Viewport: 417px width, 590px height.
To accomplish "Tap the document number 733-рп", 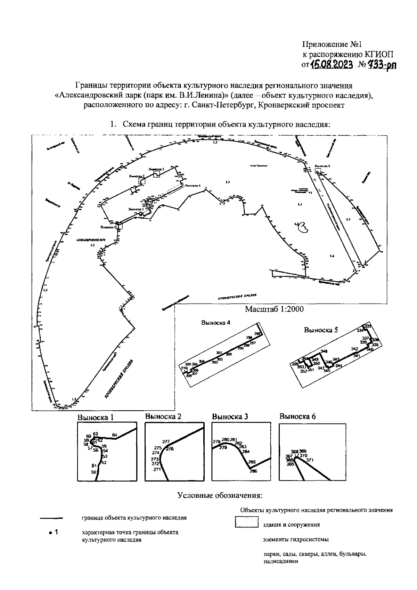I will [382, 64].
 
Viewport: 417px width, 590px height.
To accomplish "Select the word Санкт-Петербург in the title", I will [224, 106].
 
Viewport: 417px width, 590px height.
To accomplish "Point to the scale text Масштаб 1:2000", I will [274, 309].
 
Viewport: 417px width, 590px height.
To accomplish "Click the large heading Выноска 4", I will [215, 322].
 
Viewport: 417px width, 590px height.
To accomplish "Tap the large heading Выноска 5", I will [321, 330].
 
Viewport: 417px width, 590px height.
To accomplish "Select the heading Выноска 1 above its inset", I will [96, 417].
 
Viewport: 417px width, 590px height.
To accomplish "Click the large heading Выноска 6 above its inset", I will [298, 417].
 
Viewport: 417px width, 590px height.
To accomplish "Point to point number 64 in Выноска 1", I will [115, 435].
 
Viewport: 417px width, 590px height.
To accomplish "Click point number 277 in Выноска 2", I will [166, 442].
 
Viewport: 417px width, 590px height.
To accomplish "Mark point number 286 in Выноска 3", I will [254, 471].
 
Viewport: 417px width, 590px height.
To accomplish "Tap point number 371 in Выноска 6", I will [310, 460].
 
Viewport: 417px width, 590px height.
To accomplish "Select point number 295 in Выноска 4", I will [257, 334].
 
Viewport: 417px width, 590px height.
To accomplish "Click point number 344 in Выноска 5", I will [339, 365].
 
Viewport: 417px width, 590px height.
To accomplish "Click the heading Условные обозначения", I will [220, 495].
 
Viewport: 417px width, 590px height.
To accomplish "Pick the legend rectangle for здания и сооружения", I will [246, 523].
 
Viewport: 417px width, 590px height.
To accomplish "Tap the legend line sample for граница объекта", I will [51, 518].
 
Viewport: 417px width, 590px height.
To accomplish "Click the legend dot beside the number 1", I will [50, 532].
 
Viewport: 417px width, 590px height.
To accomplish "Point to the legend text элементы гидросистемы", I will [295, 540].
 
